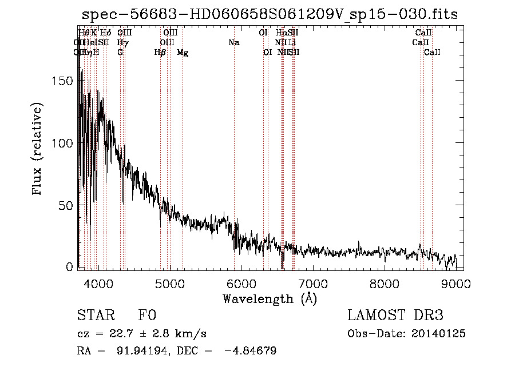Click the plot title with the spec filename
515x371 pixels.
click(x=270, y=14)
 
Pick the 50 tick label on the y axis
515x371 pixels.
click(x=66, y=205)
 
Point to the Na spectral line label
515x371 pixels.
click(x=233, y=42)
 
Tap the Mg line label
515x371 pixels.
click(x=183, y=53)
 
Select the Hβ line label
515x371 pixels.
click(x=160, y=53)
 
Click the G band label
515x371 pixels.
click(x=120, y=53)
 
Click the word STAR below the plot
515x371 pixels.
click(x=96, y=316)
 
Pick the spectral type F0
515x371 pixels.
click(x=147, y=316)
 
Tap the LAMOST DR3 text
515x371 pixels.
click(x=395, y=316)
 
